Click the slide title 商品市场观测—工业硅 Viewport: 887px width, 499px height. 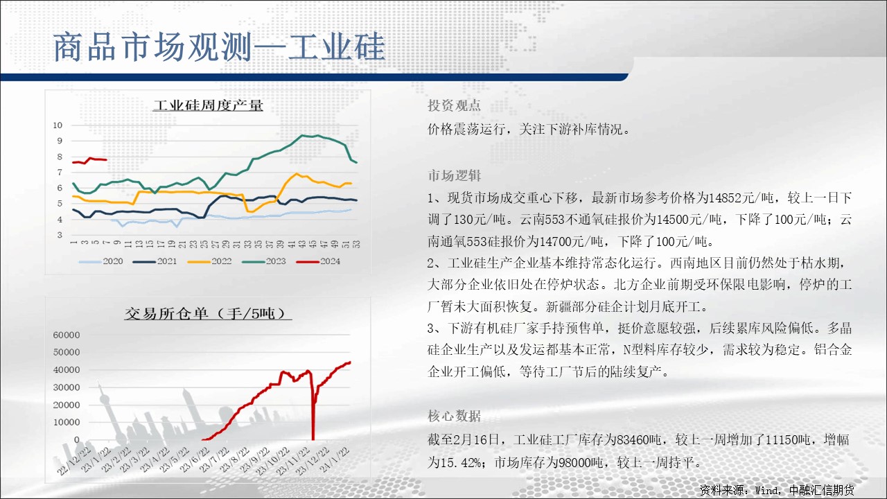click(x=219, y=47)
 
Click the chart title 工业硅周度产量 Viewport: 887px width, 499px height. click(x=208, y=105)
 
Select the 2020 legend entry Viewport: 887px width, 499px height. click(x=101, y=261)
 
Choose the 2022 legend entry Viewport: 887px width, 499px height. click(x=209, y=261)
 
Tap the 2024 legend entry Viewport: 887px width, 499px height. click(x=318, y=261)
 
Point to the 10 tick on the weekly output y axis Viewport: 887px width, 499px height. click(x=58, y=125)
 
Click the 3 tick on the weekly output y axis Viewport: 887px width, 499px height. click(x=60, y=235)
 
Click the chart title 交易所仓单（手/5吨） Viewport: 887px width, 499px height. click(x=208, y=314)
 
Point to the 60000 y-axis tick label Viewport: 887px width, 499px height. click(x=67, y=335)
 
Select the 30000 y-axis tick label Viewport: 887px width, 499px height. click(x=67, y=387)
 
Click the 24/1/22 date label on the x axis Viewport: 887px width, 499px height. click(x=335, y=459)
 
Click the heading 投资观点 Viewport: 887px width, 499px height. click(x=454, y=105)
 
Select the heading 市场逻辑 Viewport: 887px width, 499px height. click(x=454, y=175)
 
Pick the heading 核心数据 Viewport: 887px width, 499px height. click(x=454, y=416)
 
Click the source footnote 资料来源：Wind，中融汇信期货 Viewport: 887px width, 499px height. click(x=777, y=490)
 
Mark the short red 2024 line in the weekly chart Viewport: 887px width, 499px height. click(x=90, y=160)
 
